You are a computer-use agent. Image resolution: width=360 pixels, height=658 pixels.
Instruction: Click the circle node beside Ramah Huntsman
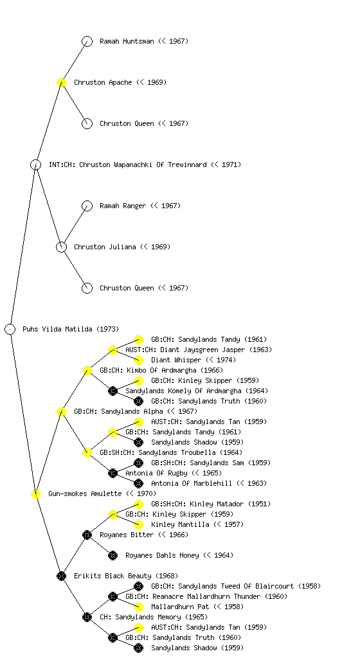(87, 41)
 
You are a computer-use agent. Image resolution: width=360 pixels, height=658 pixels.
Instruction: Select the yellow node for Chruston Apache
(61, 82)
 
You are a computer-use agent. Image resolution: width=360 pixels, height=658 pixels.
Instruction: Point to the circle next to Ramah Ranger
(87, 206)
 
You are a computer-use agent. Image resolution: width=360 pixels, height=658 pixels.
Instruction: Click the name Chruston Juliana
(105, 247)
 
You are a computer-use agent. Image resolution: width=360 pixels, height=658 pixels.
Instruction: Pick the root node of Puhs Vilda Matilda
(10, 329)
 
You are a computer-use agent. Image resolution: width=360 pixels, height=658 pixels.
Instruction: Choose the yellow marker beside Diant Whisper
(138, 360)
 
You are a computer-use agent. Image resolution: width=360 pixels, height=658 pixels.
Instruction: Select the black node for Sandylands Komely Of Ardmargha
(113, 391)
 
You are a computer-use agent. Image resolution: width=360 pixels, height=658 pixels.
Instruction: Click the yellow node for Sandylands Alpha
(61, 411)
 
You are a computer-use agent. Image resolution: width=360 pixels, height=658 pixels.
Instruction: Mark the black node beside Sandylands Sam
(138, 463)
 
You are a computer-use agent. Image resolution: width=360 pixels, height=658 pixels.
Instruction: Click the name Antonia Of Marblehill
(192, 483)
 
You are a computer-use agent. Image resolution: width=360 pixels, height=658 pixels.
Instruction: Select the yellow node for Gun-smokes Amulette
(35, 493)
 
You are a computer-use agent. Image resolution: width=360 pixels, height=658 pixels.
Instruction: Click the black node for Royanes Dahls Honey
(113, 555)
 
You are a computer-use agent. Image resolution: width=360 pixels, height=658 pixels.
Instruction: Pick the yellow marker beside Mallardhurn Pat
(138, 607)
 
